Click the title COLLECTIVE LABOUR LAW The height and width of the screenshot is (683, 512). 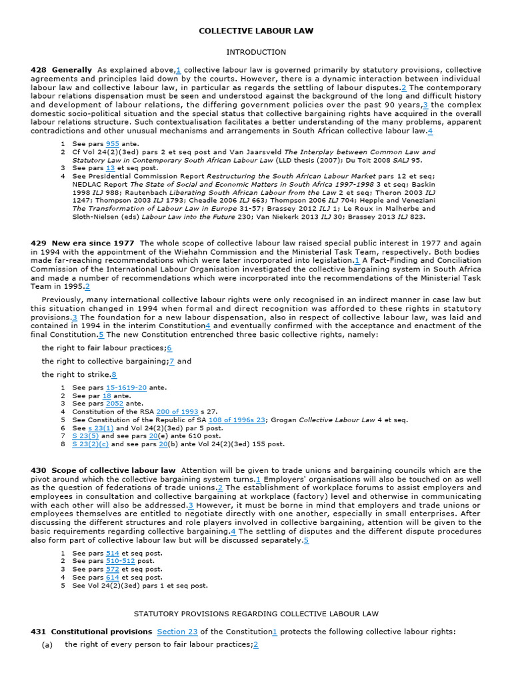click(256, 31)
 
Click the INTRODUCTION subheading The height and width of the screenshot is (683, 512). click(256, 52)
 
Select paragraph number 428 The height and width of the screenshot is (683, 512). click(38, 70)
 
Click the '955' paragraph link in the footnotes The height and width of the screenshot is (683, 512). click(112, 143)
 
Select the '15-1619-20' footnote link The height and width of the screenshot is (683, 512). click(126, 388)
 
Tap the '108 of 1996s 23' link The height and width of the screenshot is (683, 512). click(237, 420)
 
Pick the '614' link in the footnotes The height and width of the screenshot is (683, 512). click(112, 578)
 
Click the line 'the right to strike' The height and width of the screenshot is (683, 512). click(77, 375)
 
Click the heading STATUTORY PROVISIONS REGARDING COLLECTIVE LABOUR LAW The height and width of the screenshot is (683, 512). click(256, 613)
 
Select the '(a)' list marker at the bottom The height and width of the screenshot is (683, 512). click(47, 645)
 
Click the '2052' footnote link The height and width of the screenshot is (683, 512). click(115, 404)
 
